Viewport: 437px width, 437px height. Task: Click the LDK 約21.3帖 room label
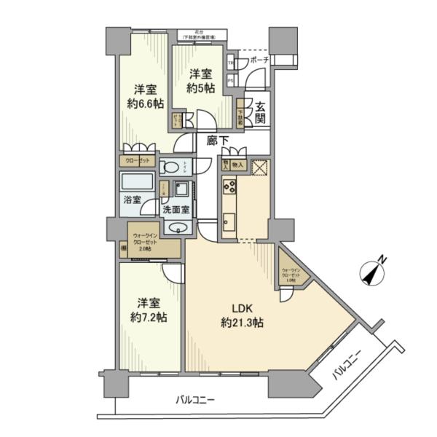coord(243,314)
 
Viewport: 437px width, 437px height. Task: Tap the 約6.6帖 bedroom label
coord(143,96)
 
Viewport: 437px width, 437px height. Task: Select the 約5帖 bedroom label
coord(199,82)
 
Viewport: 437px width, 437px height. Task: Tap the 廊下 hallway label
coord(216,141)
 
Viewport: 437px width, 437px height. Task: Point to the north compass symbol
coord(374,274)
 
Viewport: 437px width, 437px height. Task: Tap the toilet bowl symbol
coord(170,167)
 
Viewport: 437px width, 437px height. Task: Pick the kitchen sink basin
coord(229,219)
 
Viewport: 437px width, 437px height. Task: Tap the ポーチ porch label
coord(259,60)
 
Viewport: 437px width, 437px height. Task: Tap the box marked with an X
coord(259,168)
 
